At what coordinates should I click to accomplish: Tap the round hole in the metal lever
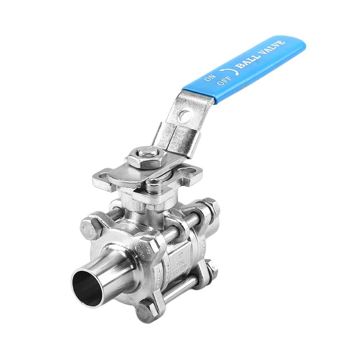coord(183,116)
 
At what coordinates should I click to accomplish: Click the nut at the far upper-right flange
coord(211,207)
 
